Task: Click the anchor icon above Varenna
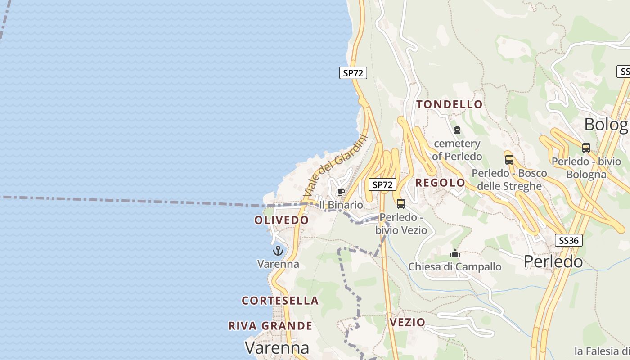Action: pos(278,251)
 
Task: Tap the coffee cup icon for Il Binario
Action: pos(341,192)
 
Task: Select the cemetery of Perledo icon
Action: pos(457,130)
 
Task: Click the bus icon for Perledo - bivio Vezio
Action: pos(400,204)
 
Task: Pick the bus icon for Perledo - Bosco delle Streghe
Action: pos(509,160)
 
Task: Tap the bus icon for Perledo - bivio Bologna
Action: pos(586,148)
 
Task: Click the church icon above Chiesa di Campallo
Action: pos(455,254)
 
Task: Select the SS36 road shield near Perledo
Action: pos(568,240)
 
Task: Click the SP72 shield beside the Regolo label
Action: pos(382,184)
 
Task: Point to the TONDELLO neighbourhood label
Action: pos(449,104)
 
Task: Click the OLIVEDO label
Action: pos(282,220)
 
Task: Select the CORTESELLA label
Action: pos(280,300)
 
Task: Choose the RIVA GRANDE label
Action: pos(270,326)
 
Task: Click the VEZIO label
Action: pos(407,322)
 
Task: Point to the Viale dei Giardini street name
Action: pos(336,167)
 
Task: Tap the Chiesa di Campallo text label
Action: pos(454,267)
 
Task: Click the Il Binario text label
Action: pos(341,205)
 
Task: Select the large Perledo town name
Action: pos(553,261)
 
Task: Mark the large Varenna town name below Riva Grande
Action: pos(277,347)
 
